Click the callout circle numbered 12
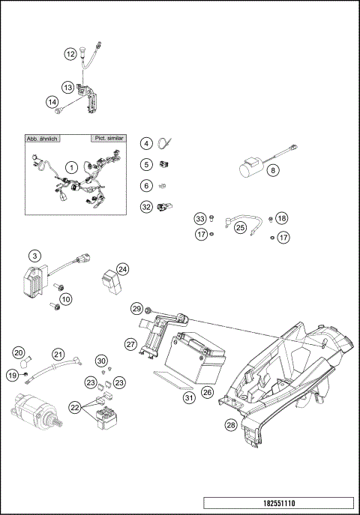pyautogui.click(x=69, y=54)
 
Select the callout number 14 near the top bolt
pyautogui.click(x=52, y=102)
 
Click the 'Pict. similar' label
pyautogui.click(x=109, y=139)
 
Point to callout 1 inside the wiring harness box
pyautogui.click(x=72, y=166)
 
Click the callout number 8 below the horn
pyautogui.click(x=273, y=170)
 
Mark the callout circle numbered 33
pyautogui.click(x=199, y=218)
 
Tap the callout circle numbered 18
pyautogui.click(x=281, y=218)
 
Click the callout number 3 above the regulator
pyautogui.click(x=34, y=257)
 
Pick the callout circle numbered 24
pyautogui.click(x=122, y=268)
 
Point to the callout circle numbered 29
pyautogui.click(x=136, y=308)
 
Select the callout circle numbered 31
pyautogui.click(x=189, y=398)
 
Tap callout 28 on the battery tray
pyautogui.click(x=231, y=426)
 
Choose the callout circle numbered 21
pyautogui.click(x=58, y=354)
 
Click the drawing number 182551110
pyautogui.click(x=278, y=505)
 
